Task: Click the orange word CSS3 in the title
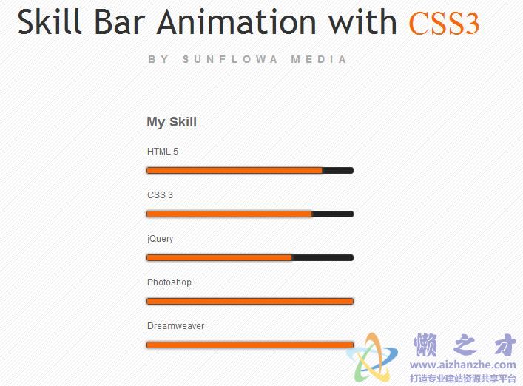coord(444,24)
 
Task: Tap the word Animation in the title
coord(237,22)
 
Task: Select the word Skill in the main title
coord(50,21)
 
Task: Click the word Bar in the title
coord(119,22)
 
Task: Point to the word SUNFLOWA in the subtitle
coord(230,59)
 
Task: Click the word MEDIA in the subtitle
coord(319,59)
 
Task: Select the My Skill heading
coord(172,122)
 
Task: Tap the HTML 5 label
coord(163,152)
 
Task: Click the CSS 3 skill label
coord(160,195)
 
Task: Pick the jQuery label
coord(160,239)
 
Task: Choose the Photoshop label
coord(169,282)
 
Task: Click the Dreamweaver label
coord(175,326)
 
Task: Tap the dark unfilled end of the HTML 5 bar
coord(338,171)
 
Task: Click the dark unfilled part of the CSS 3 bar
coord(333,214)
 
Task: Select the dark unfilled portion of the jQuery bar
coord(323,257)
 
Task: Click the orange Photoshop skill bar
coord(250,302)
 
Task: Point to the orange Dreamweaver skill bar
coord(250,345)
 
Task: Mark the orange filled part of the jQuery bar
coord(219,257)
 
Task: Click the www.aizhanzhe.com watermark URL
coord(462,365)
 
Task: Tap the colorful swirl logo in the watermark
coord(372,358)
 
